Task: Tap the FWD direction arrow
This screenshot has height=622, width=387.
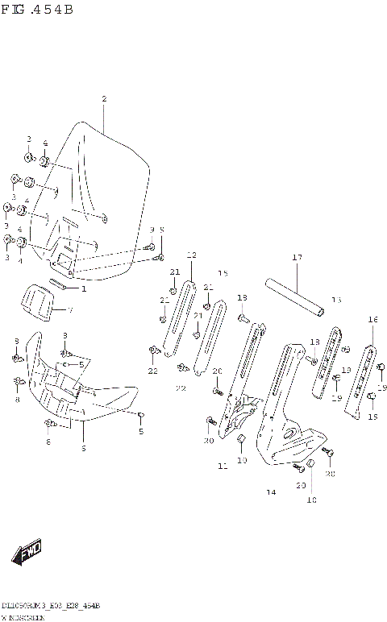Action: coord(29,554)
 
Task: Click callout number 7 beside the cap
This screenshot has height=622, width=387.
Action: coord(69,310)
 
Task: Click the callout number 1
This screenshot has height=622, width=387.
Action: coord(82,288)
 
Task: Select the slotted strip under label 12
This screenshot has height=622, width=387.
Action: coord(178,317)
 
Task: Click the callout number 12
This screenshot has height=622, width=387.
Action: coord(191,255)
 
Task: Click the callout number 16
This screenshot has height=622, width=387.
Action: coord(372,320)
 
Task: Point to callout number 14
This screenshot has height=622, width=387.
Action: coord(271,491)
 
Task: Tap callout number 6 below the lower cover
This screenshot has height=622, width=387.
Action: coord(83,448)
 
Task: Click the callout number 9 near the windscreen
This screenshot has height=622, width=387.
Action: coord(151,230)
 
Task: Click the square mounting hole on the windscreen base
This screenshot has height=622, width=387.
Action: coord(59,260)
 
